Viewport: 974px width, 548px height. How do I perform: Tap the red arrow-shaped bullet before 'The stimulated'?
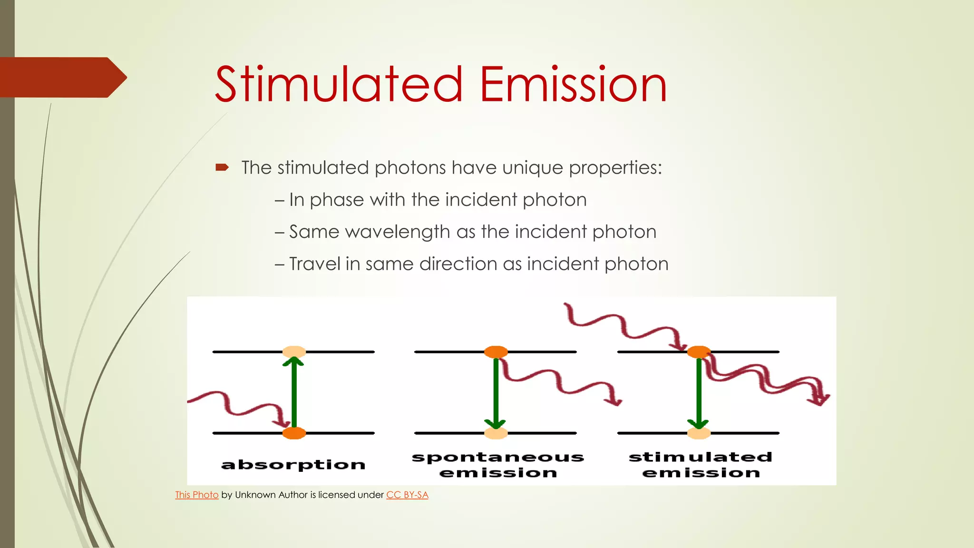[222, 167]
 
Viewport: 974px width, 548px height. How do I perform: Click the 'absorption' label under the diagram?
[293, 465]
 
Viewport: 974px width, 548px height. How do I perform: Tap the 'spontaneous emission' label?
[498, 465]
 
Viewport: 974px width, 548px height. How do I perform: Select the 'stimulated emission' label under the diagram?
[701, 465]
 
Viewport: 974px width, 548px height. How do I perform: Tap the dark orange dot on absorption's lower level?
[294, 433]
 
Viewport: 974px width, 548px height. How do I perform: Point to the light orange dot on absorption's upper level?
[294, 352]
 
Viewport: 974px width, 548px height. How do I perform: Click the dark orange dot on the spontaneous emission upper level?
[496, 352]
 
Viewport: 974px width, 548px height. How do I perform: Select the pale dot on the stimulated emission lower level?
[699, 433]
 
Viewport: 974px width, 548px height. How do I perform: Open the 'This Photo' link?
[196, 495]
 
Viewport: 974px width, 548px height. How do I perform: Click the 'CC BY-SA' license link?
[407, 495]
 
